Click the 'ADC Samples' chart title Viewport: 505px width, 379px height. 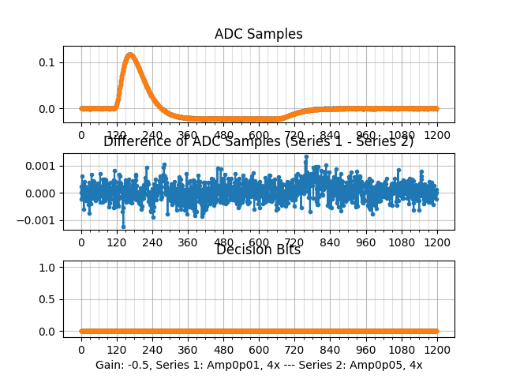coord(258,34)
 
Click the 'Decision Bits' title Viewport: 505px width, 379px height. coord(258,250)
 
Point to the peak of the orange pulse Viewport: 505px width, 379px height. coord(130,55)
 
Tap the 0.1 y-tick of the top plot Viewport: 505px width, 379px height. coord(47,62)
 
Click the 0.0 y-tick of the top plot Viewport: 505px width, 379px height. coord(47,108)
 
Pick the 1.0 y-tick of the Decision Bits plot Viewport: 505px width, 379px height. coord(47,268)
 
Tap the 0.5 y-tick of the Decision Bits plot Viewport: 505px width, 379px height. coord(47,299)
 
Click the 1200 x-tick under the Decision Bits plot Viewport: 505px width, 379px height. coord(437,349)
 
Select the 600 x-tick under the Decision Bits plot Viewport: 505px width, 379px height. coord(259,349)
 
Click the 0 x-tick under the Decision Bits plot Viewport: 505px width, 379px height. coord(80,349)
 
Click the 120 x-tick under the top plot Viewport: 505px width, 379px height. coord(117,135)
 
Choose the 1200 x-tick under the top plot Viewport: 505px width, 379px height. coord(437,135)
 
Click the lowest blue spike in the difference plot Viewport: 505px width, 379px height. coord(123,227)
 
